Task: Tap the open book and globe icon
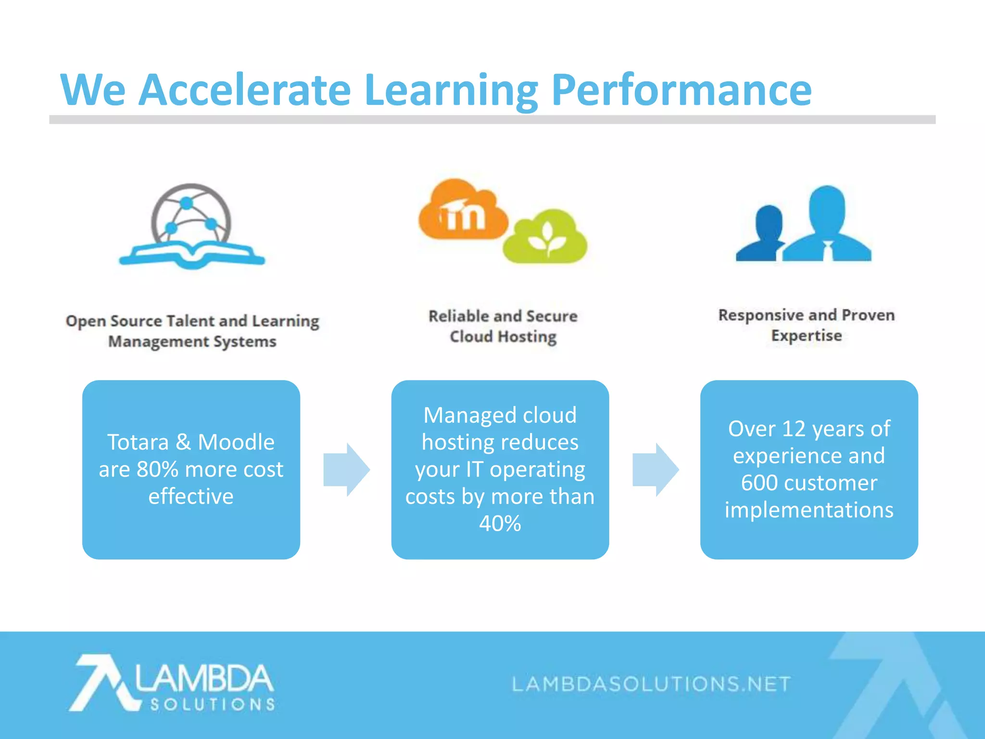[x=192, y=226]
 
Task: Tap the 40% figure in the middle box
[x=500, y=523]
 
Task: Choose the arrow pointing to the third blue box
[x=655, y=470]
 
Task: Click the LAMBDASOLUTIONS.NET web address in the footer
[x=651, y=684]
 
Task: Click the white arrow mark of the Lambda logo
[x=101, y=682]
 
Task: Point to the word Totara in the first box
[x=138, y=442]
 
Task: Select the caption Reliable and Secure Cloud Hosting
[x=503, y=326]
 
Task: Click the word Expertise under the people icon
[x=807, y=336]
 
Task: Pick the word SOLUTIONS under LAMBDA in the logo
[x=213, y=705]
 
